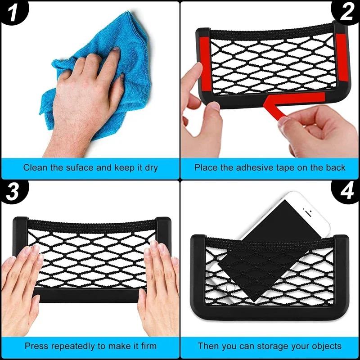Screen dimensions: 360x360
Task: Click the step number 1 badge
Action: tap(13, 13)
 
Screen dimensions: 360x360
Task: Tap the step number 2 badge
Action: tap(346, 13)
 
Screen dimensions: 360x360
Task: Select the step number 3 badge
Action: tap(13, 192)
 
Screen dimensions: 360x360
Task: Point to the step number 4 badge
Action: tap(346, 192)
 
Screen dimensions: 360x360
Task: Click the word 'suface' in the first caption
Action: tap(80, 167)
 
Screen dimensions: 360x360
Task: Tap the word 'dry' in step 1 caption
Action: tap(151, 168)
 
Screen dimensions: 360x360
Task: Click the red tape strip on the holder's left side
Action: tap(204, 63)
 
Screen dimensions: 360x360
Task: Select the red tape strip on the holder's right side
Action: tap(342, 58)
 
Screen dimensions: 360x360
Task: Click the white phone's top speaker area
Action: tap(308, 212)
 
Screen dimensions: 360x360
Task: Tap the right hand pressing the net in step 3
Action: tap(158, 287)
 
